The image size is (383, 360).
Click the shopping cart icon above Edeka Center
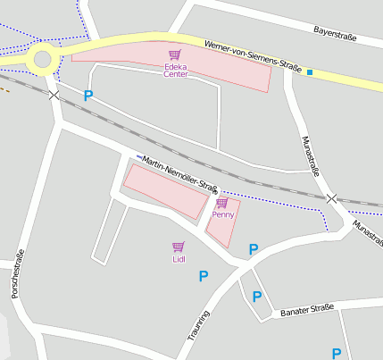pyautogui.click(x=174, y=55)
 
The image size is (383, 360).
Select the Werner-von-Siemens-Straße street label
pyautogui.click(x=252, y=54)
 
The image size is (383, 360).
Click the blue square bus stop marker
pyautogui.click(x=310, y=71)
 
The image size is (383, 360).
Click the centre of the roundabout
pyautogui.click(x=41, y=61)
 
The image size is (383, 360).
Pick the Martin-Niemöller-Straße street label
pyautogui.click(x=180, y=173)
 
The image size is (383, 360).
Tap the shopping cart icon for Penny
pyautogui.click(x=221, y=204)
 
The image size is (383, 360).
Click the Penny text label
pyautogui.click(x=222, y=215)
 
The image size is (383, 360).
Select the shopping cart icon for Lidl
pyautogui.click(x=178, y=247)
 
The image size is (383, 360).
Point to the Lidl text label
pyautogui.click(x=179, y=259)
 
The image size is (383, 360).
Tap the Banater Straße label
pyautogui.click(x=306, y=311)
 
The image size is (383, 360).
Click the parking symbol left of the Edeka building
pyautogui.click(x=88, y=95)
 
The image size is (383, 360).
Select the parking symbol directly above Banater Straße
pyautogui.click(x=257, y=297)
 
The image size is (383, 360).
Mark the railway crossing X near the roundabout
pyautogui.click(x=54, y=94)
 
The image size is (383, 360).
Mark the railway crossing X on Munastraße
pyautogui.click(x=331, y=197)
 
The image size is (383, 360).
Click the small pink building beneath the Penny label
pyautogui.click(x=223, y=230)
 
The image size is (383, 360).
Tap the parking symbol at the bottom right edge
pyautogui.click(x=337, y=353)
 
